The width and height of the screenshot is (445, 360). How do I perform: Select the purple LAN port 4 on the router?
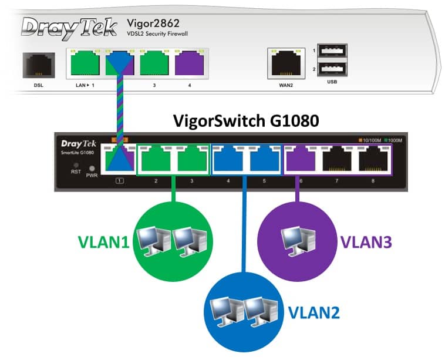tap(188, 63)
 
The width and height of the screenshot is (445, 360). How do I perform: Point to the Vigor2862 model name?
tap(153, 23)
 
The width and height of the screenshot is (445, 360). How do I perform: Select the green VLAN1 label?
tap(104, 242)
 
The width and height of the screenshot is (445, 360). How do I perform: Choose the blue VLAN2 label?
tap(313, 312)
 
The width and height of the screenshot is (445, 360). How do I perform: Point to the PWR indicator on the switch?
tap(92, 169)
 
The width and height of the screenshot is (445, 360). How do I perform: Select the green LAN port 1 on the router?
tap(83, 63)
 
